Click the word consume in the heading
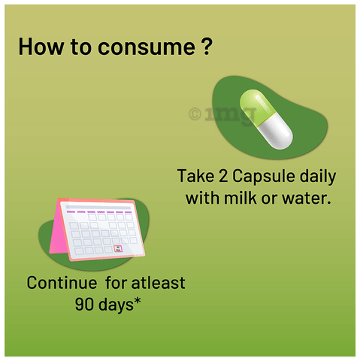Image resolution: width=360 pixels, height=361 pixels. pos(147,47)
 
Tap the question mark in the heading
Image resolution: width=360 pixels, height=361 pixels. pos(207,46)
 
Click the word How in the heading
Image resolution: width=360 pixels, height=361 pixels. pos(41,46)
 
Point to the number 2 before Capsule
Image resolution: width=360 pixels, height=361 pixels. pos(223,176)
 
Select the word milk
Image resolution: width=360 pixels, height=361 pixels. pos(240,198)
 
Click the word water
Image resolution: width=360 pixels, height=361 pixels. pos(306,199)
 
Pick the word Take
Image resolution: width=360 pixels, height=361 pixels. pos(195,176)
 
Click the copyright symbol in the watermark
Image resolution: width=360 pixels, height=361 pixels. pos(195,114)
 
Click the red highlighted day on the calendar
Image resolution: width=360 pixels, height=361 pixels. pos(118,249)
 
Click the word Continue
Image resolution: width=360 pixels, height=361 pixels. pos(62,283)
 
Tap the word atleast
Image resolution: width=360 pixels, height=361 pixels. pos(158,283)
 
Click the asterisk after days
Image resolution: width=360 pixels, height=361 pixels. pos(138,301)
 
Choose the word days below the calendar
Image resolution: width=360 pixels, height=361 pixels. pos(116,305)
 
